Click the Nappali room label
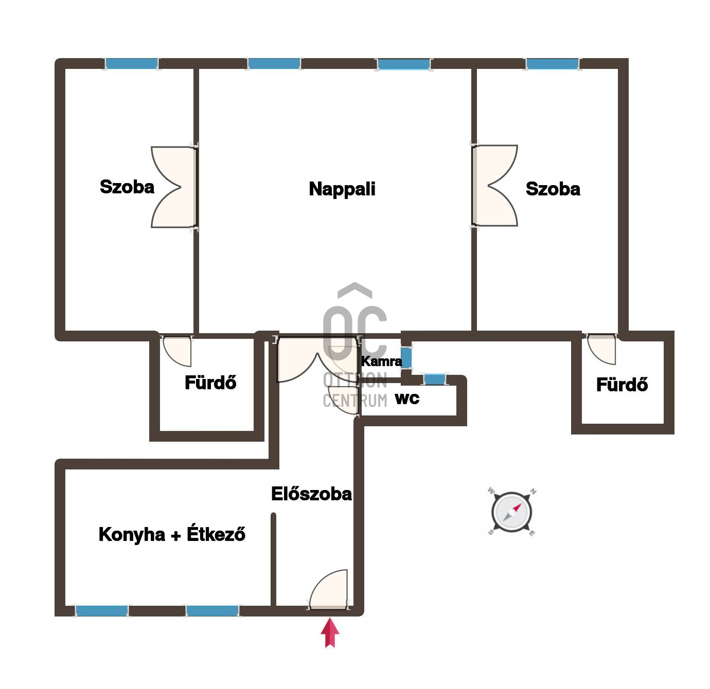click(342, 189)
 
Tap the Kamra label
click(381, 361)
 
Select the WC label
click(407, 399)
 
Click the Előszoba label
click(311, 494)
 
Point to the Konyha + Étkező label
click(172, 534)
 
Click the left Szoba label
click(127, 187)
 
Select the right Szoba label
click(553, 189)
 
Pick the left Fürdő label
click(210, 383)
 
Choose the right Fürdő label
click(622, 384)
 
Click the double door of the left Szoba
click(174, 187)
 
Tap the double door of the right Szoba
click(495, 186)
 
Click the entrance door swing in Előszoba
click(329, 589)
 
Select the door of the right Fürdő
click(601, 350)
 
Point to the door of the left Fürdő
click(177, 352)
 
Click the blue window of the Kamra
click(406, 358)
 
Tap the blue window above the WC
click(435, 379)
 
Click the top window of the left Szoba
click(132, 64)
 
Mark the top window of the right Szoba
click(553, 64)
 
